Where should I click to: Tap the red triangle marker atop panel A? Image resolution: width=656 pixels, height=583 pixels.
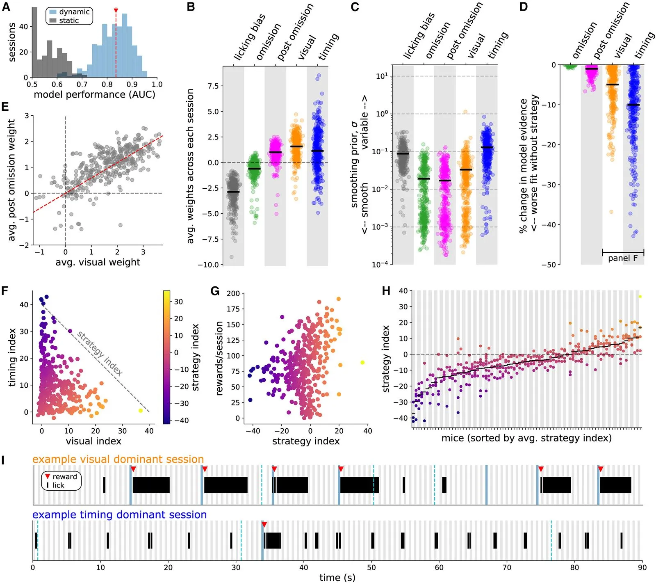tap(116, 10)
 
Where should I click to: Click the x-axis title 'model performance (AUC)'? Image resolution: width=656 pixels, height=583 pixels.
tap(94, 95)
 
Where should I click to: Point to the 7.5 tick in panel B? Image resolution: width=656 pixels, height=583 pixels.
tap(213, 86)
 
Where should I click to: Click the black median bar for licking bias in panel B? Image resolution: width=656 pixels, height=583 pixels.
tap(233, 192)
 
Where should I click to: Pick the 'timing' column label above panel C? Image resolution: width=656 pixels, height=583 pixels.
tap(498, 45)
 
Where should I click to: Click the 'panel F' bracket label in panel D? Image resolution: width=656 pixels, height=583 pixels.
tap(623, 258)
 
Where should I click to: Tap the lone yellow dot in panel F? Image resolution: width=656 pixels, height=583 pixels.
tap(141, 410)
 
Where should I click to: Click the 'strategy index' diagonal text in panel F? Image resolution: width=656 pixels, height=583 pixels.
tap(100, 353)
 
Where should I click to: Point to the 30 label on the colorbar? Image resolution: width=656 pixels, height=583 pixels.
tap(178, 302)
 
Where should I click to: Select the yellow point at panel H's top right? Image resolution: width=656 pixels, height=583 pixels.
tap(640, 296)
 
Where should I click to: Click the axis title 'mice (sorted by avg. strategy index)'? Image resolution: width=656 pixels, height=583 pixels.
tap(526, 438)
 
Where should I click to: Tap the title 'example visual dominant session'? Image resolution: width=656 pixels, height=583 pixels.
tap(118, 459)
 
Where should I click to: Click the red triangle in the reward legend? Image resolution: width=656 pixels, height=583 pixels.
tap(48, 476)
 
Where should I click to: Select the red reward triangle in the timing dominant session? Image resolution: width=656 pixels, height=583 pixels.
tap(264, 524)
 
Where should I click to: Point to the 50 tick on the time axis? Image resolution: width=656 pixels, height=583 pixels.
tap(371, 567)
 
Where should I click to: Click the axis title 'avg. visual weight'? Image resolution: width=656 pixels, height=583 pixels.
tap(98, 262)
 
